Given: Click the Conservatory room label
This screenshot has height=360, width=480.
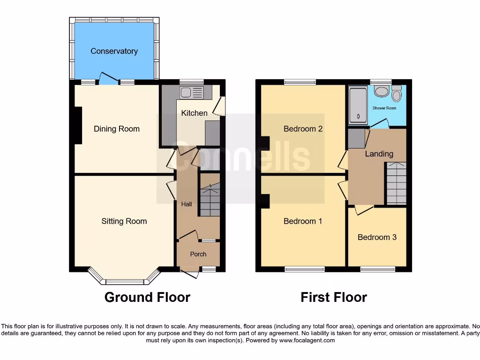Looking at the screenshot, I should pos(114,51).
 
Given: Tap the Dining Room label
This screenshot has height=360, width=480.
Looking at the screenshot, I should pos(116,129).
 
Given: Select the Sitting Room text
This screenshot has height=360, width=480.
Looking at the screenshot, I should pos(124,221).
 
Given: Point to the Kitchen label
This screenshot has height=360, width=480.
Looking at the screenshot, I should pos(194,113).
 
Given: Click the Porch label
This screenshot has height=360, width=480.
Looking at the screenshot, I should pos(198,254).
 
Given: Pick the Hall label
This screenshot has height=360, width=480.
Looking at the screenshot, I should pos(187,204).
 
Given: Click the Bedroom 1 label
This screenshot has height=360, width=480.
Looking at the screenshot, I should pos(303,221).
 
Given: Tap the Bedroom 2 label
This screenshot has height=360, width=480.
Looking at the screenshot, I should pos(303,129).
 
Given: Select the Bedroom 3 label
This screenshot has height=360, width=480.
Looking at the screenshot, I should pos(377,237).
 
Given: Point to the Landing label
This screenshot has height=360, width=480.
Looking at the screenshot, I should pos(379,154).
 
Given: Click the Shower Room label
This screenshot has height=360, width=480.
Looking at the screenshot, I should pos(384,108).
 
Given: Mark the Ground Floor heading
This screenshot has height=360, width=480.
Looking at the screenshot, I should pos(147,297).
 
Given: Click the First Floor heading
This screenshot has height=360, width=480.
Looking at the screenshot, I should pos(334,297).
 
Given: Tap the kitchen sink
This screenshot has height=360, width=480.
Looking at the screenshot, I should pos(191,92).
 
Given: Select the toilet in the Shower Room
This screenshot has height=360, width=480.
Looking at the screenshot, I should pos(397,95).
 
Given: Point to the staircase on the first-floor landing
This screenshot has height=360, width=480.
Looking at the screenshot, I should pos(396,183).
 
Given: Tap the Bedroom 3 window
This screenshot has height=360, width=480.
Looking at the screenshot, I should pos(377,269).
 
